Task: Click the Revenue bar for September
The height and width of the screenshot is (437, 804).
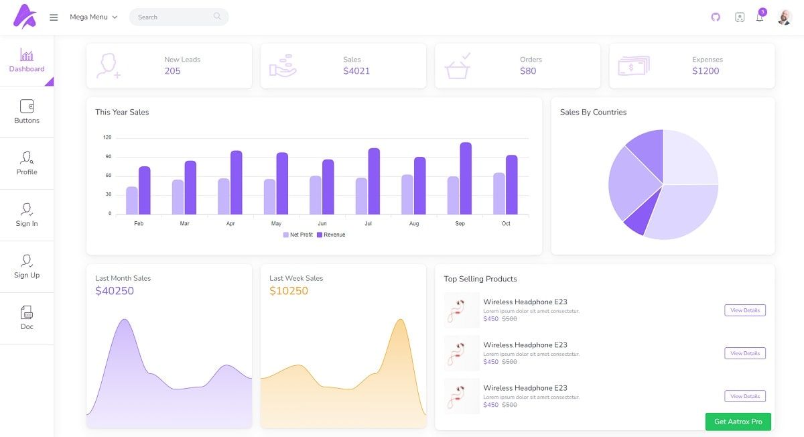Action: (x=466, y=178)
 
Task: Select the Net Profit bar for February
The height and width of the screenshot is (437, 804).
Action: (x=132, y=200)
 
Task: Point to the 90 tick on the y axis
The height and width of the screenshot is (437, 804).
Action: (x=107, y=157)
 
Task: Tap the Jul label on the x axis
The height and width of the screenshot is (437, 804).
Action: (x=368, y=223)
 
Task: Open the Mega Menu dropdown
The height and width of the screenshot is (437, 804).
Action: (x=94, y=17)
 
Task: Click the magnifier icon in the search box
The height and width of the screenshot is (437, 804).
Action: (x=217, y=17)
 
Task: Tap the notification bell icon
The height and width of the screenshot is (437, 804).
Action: (x=760, y=17)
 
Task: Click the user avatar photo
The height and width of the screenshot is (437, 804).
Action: (x=784, y=17)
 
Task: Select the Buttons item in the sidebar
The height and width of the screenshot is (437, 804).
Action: (x=27, y=112)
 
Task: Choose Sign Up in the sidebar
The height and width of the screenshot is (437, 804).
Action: (x=27, y=266)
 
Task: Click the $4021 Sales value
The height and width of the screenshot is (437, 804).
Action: (x=356, y=71)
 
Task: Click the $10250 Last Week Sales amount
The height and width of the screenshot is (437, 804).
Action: (x=289, y=291)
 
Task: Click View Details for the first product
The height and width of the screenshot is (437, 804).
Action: (x=744, y=310)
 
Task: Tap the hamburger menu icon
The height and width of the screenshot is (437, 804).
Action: (x=54, y=17)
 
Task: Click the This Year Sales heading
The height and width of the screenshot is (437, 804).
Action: (x=122, y=112)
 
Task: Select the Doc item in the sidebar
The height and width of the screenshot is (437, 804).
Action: (x=27, y=318)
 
